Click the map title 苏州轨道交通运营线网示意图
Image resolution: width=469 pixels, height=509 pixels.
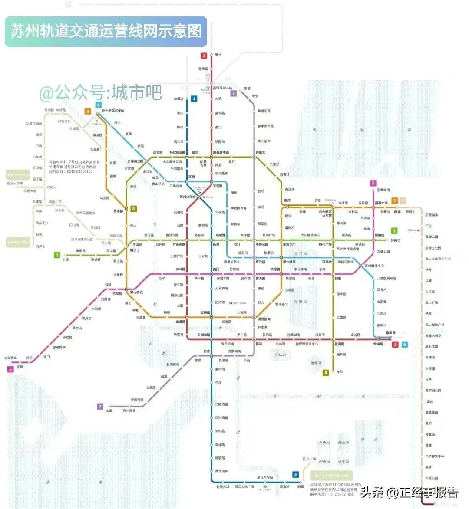tap(106, 31)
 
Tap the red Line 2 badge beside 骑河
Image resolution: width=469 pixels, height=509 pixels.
tap(204, 56)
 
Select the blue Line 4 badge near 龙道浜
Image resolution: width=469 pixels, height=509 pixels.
tap(194, 99)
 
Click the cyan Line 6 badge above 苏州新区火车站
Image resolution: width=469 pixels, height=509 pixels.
tap(99, 105)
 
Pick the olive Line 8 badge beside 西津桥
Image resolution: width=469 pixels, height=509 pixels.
tap(134, 209)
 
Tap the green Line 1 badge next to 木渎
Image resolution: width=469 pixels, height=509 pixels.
tap(57, 255)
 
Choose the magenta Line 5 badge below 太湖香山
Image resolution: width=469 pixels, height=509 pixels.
tap(10, 369)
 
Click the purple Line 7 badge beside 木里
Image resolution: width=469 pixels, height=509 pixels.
tap(100, 407)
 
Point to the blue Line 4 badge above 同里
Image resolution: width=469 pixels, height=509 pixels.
tap(296, 475)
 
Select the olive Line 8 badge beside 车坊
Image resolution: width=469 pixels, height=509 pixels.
tap(326, 372)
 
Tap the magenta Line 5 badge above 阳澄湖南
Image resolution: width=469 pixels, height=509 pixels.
tap(373, 183)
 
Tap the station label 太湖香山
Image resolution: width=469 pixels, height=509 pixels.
tap(10, 358)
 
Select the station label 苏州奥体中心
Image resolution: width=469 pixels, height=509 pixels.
tap(374, 266)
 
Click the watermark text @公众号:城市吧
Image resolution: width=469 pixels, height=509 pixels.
tap(101, 92)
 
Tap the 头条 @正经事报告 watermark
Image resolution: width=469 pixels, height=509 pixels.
tap(410, 493)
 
